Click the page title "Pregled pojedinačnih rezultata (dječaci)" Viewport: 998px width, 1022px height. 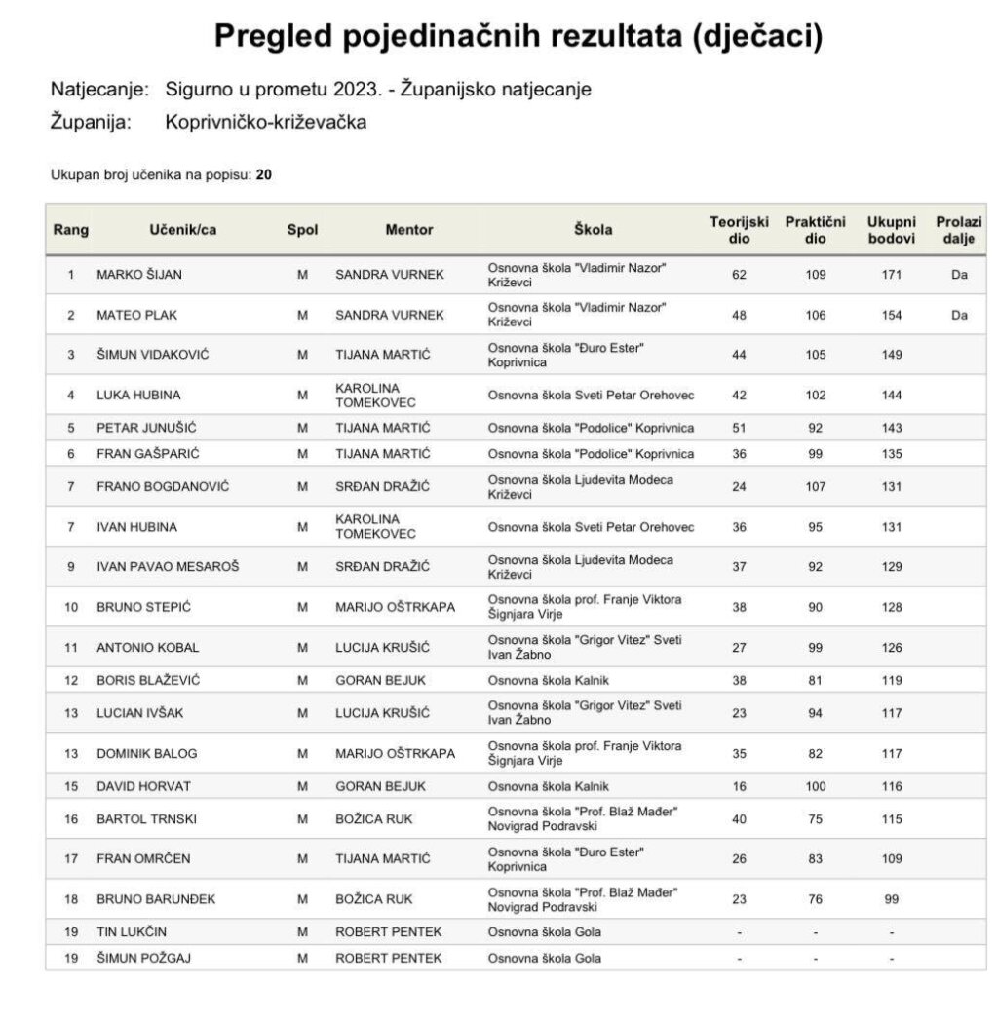click(x=518, y=36)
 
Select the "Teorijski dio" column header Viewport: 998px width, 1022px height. click(x=740, y=230)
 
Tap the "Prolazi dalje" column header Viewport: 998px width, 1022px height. click(x=959, y=230)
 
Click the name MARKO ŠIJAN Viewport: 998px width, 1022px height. click(x=139, y=275)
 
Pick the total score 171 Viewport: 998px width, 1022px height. click(x=891, y=275)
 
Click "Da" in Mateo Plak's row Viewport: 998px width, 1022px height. click(x=959, y=315)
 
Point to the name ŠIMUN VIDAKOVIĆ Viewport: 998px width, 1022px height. click(x=152, y=355)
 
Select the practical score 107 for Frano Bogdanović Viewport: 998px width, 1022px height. click(x=815, y=486)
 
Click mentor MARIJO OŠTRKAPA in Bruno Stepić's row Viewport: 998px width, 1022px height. click(x=395, y=607)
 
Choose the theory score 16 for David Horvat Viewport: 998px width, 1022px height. click(x=739, y=786)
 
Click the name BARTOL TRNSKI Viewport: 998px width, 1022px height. click(x=146, y=819)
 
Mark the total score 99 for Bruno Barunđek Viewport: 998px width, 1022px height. click(x=891, y=899)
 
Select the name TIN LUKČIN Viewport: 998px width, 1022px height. click(x=132, y=932)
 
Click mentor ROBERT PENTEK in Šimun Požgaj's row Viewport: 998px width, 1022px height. click(x=388, y=958)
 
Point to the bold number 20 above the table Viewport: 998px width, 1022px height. click(x=263, y=175)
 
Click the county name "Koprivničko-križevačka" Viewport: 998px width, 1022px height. click(x=266, y=123)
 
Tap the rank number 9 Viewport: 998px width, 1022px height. click(x=70, y=566)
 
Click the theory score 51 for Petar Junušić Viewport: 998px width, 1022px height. click(x=739, y=428)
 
